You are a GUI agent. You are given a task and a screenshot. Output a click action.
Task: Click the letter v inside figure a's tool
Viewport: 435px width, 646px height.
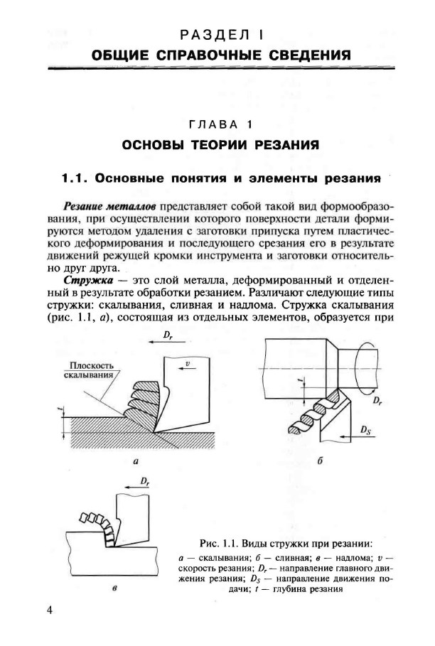(x=186, y=363)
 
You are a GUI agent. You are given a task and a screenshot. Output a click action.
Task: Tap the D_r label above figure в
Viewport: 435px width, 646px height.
(x=145, y=482)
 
